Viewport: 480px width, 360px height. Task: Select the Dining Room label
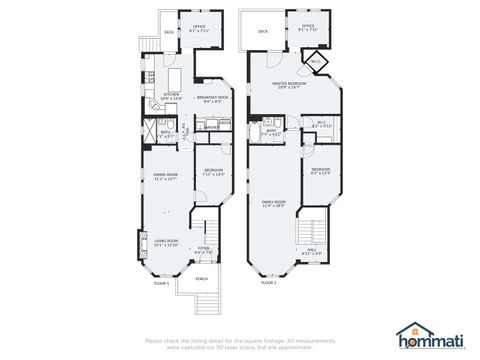coord(165,177)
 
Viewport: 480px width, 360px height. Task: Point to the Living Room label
coord(165,240)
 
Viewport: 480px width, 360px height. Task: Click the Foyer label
coord(203,250)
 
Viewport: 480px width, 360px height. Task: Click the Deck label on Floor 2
coord(263,31)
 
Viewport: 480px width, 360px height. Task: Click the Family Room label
coord(274,203)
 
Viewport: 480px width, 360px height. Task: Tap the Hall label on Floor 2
coord(312,250)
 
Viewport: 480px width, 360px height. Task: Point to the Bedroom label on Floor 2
coord(320,170)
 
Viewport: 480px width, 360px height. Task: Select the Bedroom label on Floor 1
coord(213,170)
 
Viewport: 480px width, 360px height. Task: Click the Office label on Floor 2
coord(308,27)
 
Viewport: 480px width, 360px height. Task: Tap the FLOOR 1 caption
coord(161,283)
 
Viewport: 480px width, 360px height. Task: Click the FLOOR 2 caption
coord(268,283)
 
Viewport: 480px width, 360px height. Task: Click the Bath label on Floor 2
coord(271,130)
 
